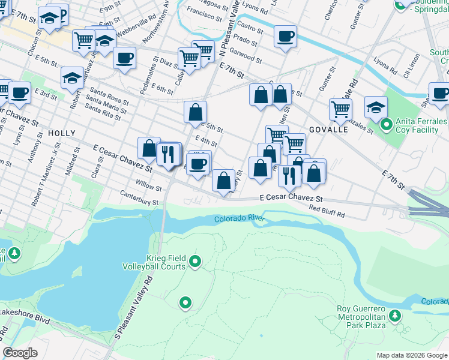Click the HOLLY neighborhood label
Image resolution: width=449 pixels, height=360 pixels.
[62, 133]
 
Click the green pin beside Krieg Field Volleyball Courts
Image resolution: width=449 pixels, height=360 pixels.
[194, 261]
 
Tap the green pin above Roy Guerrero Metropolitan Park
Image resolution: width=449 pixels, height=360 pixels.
[395, 315]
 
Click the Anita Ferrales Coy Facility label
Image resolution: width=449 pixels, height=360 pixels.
[420, 126]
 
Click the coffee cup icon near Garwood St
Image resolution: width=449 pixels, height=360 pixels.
[285, 35]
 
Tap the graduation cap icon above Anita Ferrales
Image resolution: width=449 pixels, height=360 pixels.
[376, 106]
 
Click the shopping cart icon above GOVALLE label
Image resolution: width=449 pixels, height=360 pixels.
[340, 109]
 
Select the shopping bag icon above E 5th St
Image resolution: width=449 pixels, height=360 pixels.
[196, 112]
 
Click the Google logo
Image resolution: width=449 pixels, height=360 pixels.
[20, 353]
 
